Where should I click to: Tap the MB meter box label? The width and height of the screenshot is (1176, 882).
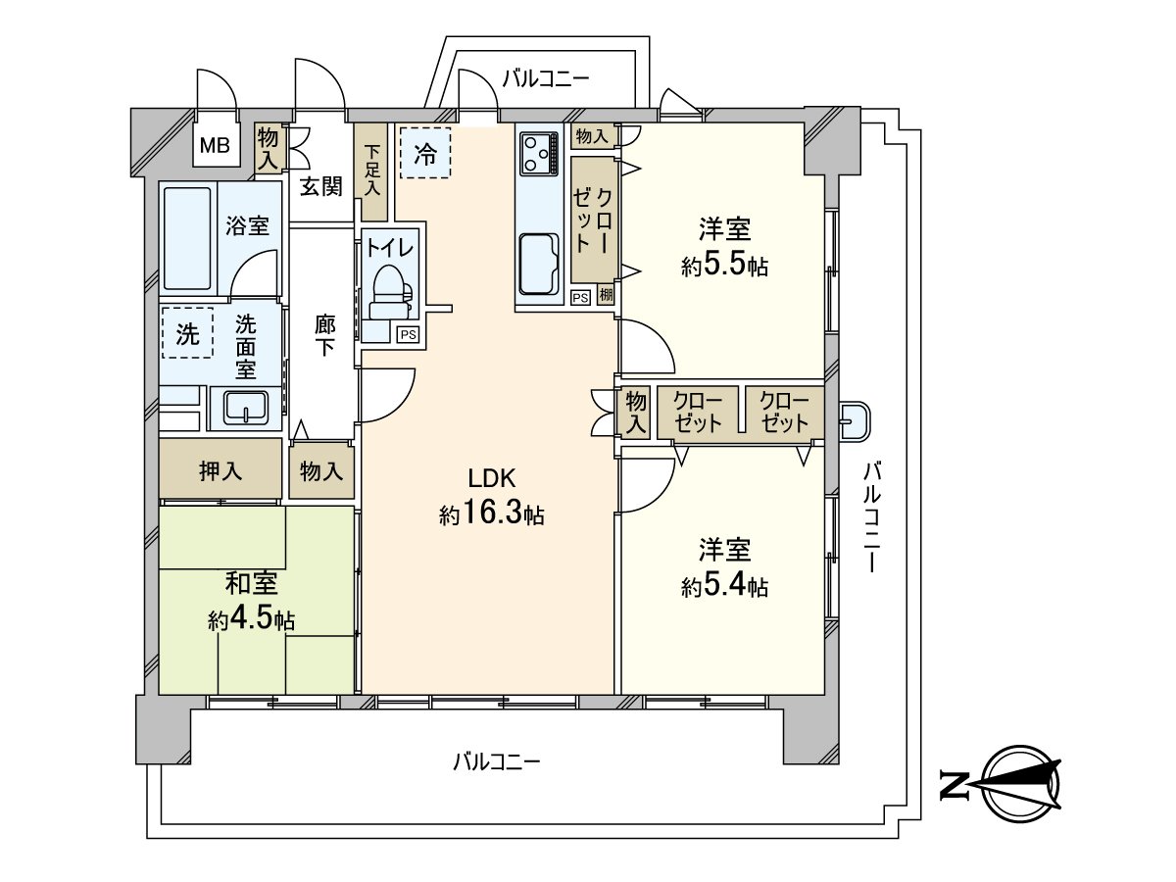click(x=214, y=147)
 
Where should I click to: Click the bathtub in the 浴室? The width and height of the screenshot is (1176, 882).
click(x=186, y=237)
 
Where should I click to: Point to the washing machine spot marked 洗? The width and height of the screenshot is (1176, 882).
click(x=186, y=333)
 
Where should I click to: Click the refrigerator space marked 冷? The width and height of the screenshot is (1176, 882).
click(x=424, y=153)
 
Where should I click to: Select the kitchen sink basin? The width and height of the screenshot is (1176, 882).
click(x=540, y=264)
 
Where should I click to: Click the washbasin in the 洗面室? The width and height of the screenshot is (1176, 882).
click(x=246, y=407)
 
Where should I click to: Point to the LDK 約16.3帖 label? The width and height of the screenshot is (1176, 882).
click(x=491, y=497)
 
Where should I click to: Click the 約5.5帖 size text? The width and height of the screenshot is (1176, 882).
click(x=724, y=267)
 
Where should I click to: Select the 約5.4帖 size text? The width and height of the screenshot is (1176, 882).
click(x=724, y=587)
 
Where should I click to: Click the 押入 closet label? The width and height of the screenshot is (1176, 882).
click(x=220, y=471)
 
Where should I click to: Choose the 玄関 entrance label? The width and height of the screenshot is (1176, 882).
click(x=319, y=186)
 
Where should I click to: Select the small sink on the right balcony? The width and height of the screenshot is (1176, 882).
click(x=853, y=421)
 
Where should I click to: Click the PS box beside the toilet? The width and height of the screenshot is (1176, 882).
click(x=408, y=334)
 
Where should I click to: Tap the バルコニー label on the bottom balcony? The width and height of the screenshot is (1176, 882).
click(x=497, y=760)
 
